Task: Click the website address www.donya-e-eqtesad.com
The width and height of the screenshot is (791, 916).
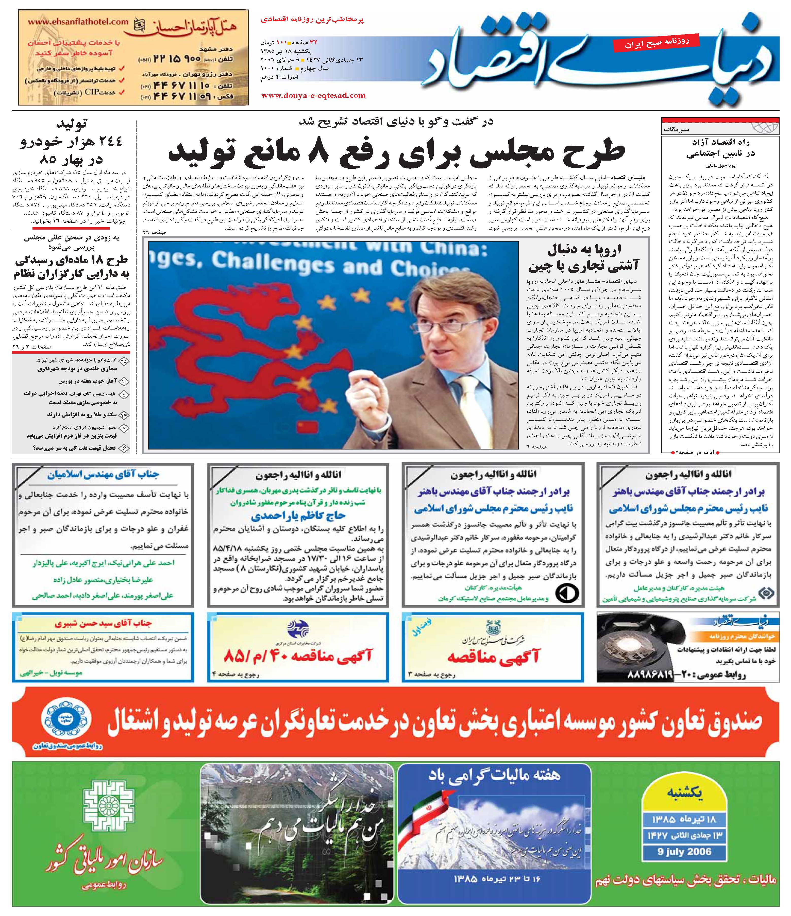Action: point(313,95)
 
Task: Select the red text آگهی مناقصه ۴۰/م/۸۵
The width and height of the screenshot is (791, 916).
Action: point(298,656)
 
